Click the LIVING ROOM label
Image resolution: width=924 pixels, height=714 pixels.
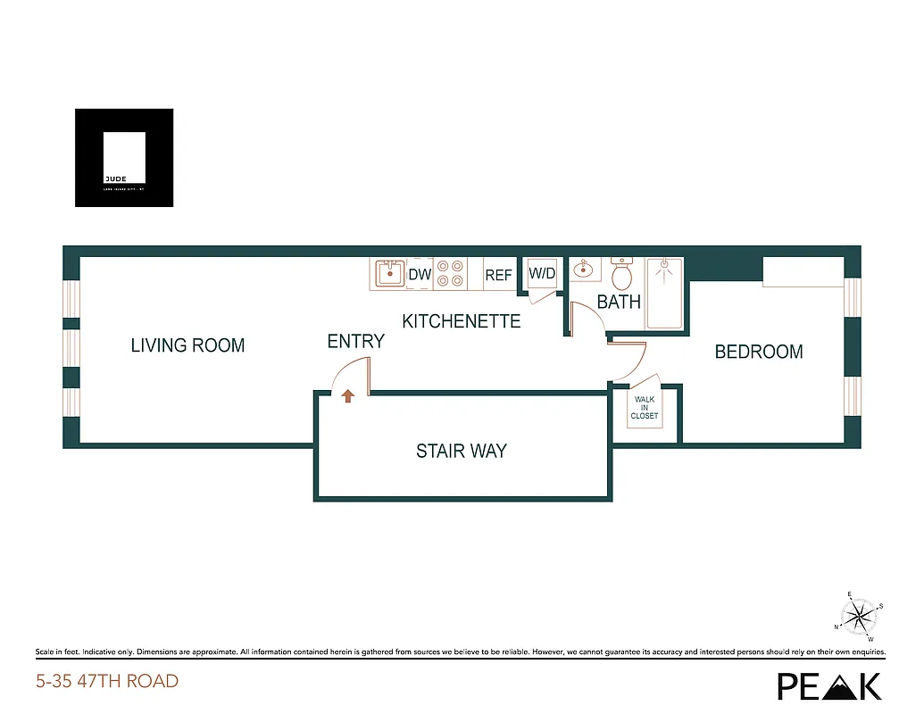187,345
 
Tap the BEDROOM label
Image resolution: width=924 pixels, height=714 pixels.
759,353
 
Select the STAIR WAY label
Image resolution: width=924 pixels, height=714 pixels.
461,452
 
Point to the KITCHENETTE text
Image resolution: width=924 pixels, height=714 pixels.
461,321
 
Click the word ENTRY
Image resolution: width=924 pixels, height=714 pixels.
355,341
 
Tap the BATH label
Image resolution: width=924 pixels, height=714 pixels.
619,302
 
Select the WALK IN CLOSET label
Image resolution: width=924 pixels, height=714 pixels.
644,408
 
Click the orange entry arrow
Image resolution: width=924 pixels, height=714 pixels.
348,396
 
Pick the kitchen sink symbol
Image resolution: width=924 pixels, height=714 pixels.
388,273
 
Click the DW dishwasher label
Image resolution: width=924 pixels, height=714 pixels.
420,275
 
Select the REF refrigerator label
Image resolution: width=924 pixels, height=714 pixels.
498,276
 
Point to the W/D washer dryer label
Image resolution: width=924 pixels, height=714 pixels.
543,273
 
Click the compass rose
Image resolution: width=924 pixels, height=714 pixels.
859,615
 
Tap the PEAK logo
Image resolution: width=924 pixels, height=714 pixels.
829,685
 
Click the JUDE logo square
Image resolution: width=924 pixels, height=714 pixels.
124,158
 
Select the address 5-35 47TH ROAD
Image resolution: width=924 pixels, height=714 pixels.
107,682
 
